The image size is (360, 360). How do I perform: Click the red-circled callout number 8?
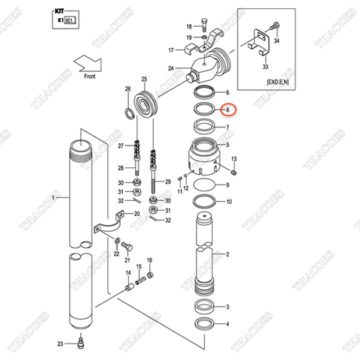[x=228, y=109]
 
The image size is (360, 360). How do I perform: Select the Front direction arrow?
[x=96, y=61]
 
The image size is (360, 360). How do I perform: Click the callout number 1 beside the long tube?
[x=53, y=198]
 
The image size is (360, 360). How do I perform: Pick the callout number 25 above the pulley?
[x=144, y=79]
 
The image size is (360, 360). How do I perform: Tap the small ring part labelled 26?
[x=130, y=113]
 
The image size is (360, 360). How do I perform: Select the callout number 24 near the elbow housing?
[x=171, y=70]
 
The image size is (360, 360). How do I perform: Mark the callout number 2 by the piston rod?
[x=228, y=255]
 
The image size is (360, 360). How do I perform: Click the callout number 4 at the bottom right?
[x=228, y=323]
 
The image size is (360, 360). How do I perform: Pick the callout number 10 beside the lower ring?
[x=229, y=202]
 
